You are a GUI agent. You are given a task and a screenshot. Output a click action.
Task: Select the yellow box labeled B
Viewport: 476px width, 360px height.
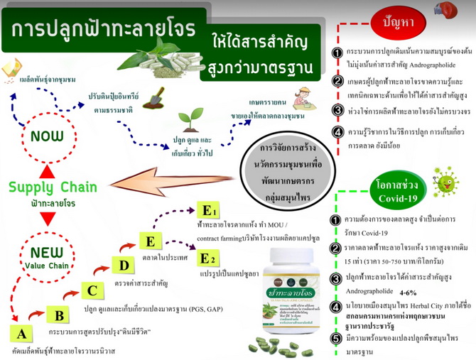(x=58, y=315)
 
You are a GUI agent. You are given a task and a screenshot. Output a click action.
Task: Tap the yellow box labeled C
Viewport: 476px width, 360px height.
(x=92, y=290)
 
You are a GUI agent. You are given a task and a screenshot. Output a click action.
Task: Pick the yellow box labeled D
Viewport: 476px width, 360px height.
(x=124, y=267)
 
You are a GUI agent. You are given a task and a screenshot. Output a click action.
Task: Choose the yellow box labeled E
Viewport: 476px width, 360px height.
(x=151, y=241)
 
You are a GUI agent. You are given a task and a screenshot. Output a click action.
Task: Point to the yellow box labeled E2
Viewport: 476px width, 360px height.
(x=209, y=258)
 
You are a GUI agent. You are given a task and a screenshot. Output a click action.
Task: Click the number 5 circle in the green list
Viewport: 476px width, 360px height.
(x=337, y=339)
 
